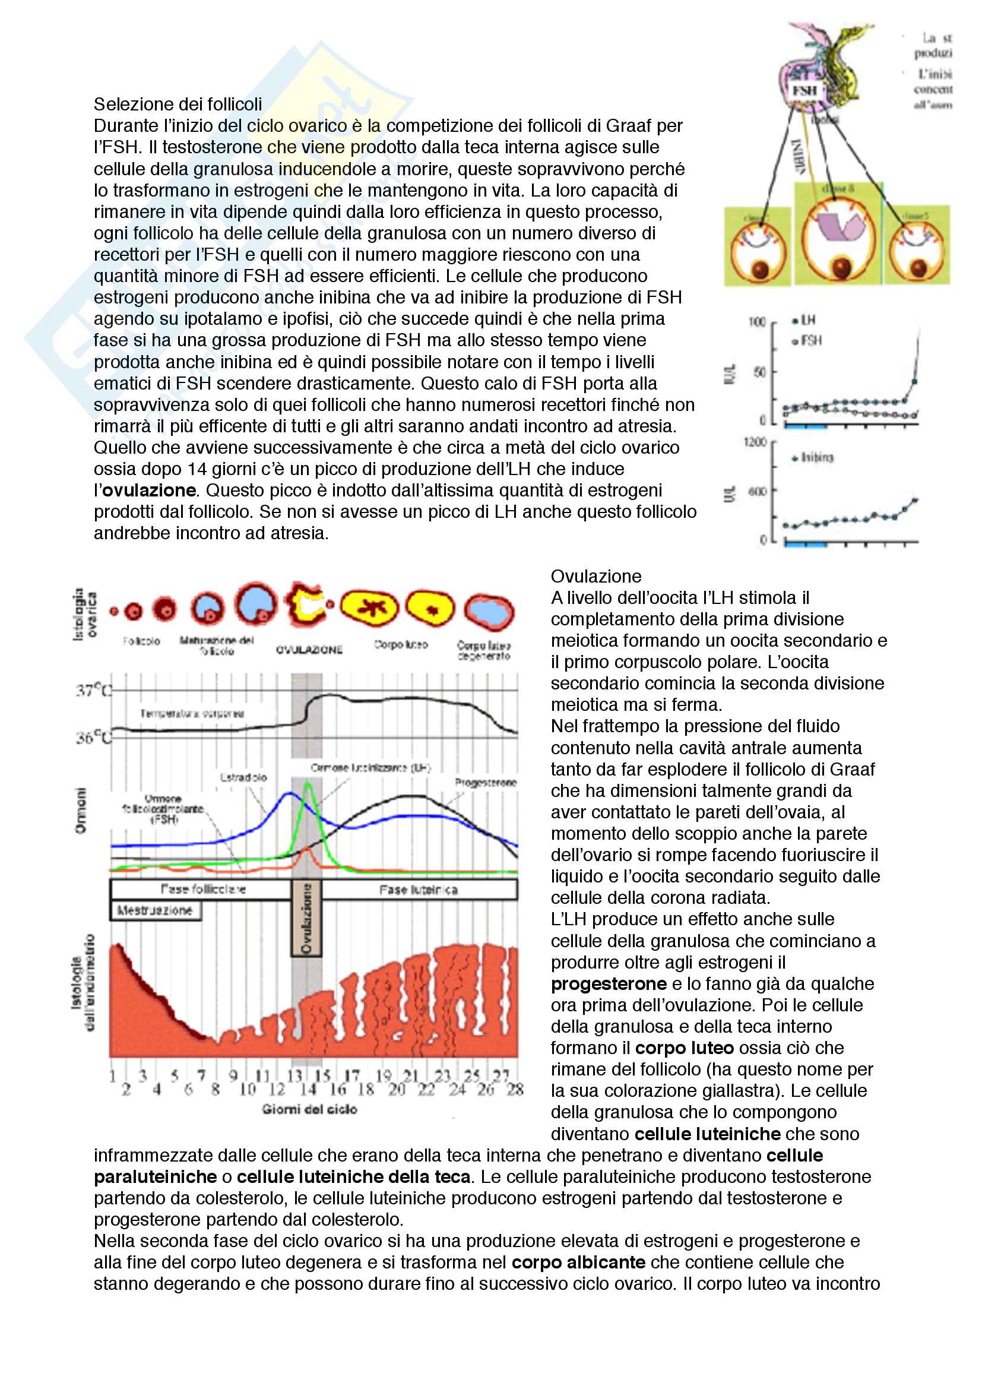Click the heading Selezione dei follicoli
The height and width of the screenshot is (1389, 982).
click(x=177, y=105)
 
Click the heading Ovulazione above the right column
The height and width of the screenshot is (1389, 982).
click(x=595, y=576)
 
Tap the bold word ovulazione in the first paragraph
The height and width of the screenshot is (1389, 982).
click(x=149, y=490)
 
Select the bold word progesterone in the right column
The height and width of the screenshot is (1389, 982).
click(x=609, y=983)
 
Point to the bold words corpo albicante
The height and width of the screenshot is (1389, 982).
click(x=578, y=1263)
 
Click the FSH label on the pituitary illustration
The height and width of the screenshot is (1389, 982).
click(x=804, y=91)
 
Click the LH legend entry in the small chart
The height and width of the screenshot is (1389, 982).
click(x=804, y=320)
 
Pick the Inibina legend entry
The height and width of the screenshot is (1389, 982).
click(x=814, y=458)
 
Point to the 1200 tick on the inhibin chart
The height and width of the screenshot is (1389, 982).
click(x=755, y=442)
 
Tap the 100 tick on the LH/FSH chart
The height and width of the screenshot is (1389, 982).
click(x=756, y=322)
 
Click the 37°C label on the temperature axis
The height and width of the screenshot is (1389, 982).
click(x=94, y=690)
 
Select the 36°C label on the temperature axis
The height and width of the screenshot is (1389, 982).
click(x=94, y=738)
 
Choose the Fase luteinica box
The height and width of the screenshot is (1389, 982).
click(x=419, y=890)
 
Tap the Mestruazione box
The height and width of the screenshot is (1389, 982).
click(x=155, y=910)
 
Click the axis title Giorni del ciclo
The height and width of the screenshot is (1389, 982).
click(x=309, y=1109)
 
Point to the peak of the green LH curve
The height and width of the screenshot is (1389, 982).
click(x=308, y=783)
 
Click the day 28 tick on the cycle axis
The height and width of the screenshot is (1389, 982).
click(x=515, y=1090)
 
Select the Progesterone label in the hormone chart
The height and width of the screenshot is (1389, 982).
click(x=486, y=783)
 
